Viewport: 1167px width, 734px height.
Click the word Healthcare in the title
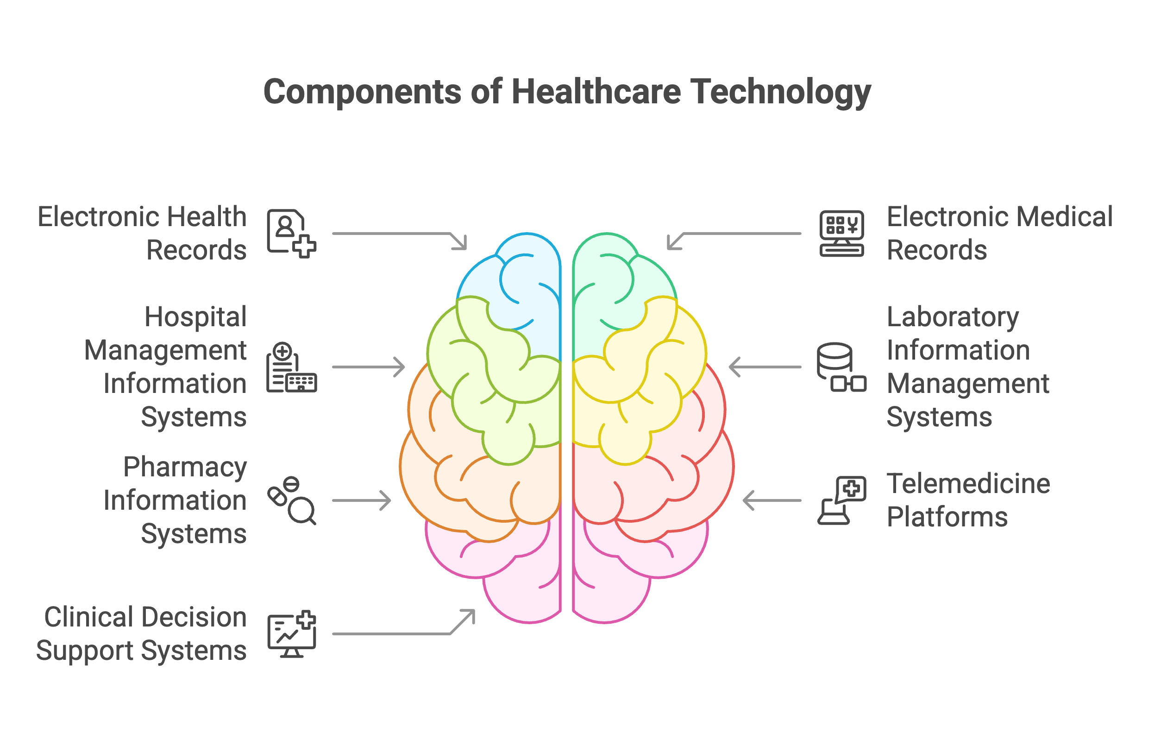[x=596, y=92]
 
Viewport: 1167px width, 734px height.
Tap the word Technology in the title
[x=780, y=92]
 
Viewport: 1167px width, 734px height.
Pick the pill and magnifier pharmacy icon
[x=291, y=500]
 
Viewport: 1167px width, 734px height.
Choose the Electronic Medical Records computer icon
[x=841, y=233]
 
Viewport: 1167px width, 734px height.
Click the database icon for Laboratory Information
[x=841, y=367]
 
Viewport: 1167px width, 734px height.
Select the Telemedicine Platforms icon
[x=841, y=500]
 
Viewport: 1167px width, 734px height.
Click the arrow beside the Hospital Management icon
[x=368, y=367]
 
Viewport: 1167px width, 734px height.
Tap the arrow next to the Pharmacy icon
[x=362, y=500]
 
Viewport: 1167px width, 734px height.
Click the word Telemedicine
[x=968, y=483]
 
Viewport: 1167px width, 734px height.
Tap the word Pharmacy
[x=185, y=468]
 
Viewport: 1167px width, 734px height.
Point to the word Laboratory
[x=952, y=317]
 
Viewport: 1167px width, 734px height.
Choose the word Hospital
[x=195, y=317]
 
